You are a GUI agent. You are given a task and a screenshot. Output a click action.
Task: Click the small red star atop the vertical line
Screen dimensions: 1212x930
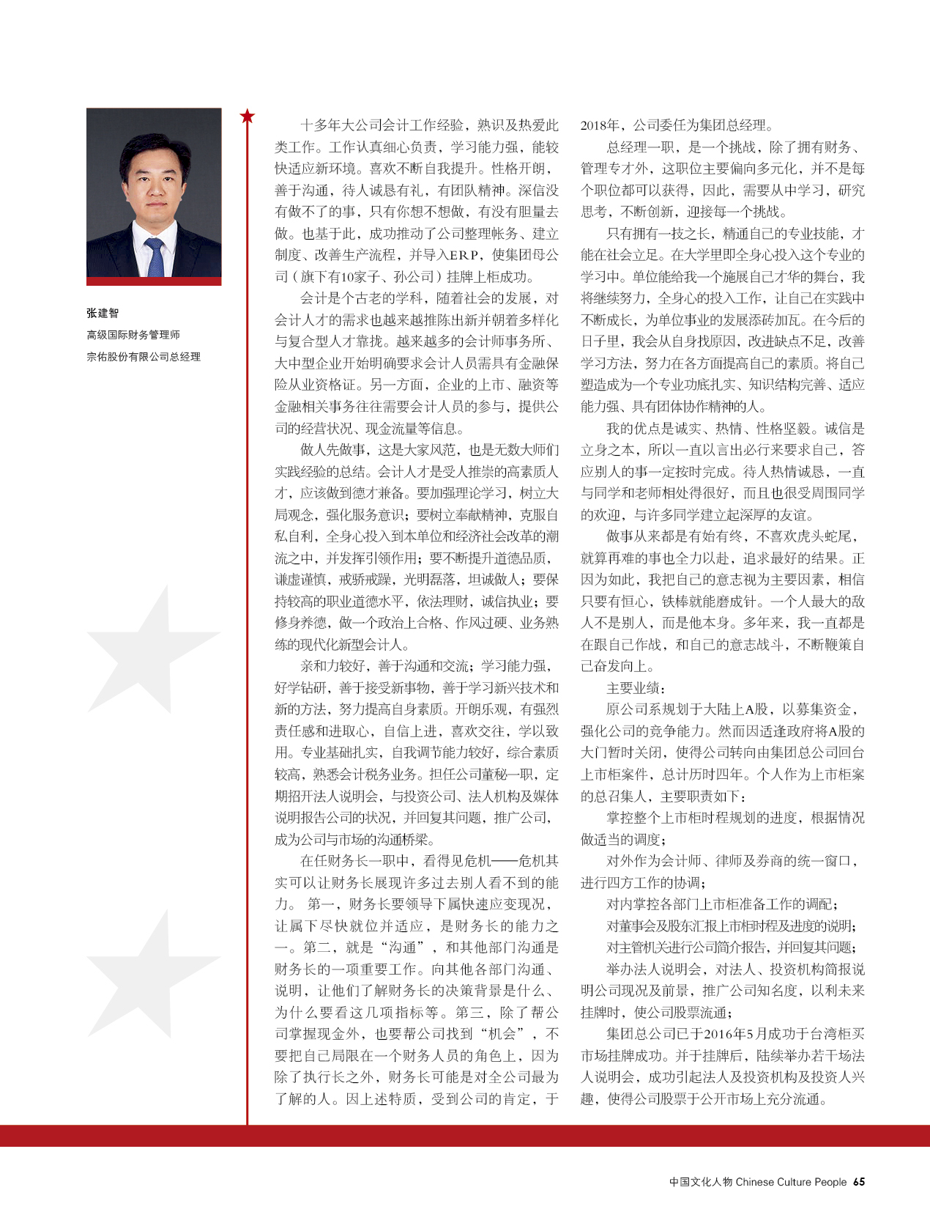click(248, 116)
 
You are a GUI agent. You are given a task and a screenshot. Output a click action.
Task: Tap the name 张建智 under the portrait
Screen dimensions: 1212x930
click(103, 313)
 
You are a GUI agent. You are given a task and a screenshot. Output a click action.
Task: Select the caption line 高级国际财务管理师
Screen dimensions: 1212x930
click(133, 335)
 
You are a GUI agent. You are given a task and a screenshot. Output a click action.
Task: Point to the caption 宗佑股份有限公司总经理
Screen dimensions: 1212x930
click(144, 357)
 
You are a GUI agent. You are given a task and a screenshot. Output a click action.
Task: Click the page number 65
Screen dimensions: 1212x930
click(859, 1182)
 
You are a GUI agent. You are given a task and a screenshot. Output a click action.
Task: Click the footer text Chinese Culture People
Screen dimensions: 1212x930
click(791, 1182)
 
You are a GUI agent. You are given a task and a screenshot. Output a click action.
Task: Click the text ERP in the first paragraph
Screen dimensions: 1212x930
click(464, 255)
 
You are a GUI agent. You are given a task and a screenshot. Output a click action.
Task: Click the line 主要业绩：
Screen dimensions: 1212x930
click(636, 688)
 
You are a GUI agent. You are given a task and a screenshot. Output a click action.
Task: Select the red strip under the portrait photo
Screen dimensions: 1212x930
click(154, 281)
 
